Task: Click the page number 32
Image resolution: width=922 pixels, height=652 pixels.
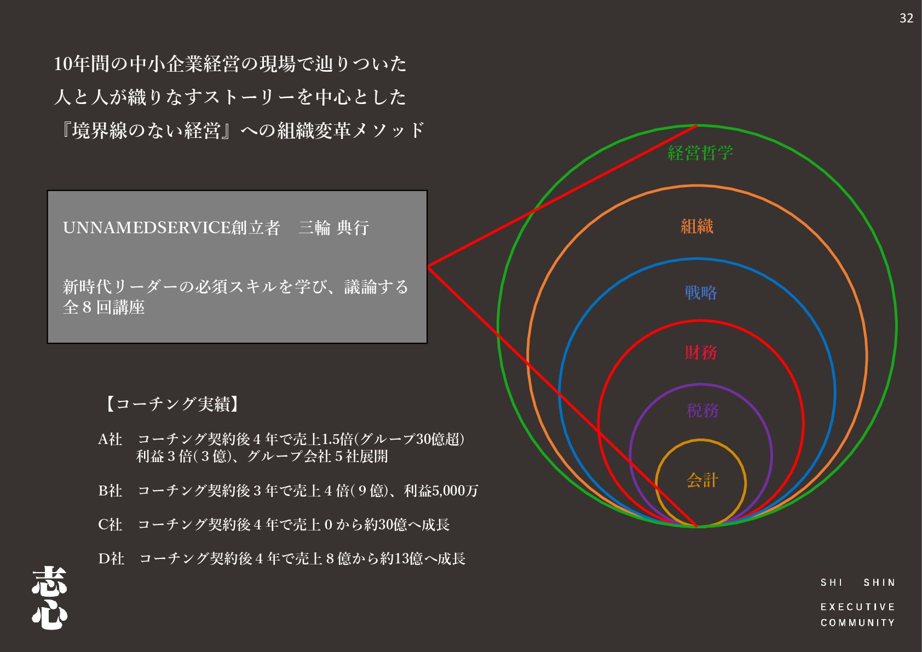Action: pyautogui.click(x=906, y=18)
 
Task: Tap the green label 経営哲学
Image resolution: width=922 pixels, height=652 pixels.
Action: pyautogui.click(x=700, y=153)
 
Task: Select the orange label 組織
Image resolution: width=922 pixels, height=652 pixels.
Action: pyautogui.click(x=697, y=226)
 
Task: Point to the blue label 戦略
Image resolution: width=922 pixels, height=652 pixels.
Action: pyautogui.click(x=700, y=293)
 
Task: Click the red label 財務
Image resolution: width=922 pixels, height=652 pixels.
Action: pyautogui.click(x=701, y=352)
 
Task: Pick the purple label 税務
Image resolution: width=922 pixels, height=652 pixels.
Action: pyautogui.click(x=702, y=411)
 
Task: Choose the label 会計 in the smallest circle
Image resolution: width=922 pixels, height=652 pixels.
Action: pyautogui.click(x=702, y=480)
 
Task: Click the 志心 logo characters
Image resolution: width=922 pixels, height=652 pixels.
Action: pyautogui.click(x=49, y=598)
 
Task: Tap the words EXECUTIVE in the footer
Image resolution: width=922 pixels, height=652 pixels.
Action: pyautogui.click(x=857, y=607)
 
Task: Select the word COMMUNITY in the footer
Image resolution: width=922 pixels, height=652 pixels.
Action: pyautogui.click(x=857, y=622)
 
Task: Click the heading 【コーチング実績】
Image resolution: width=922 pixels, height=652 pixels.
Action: pyautogui.click(x=171, y=404)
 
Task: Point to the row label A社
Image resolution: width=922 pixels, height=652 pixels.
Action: pyautogui.click(x=110, y=439)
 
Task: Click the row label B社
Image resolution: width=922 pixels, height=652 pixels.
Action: pyautogui.click(x=110, y=491)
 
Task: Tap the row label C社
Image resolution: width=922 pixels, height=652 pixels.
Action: pyautogui.click(x=110, y=524)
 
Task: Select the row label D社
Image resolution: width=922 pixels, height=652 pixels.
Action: pyautogui.click(x=111, y=558)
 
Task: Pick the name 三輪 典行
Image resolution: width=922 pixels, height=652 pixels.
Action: pyautogui.click(x=333, y=228)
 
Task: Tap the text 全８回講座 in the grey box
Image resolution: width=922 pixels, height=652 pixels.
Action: pyautogui.click(x=103, y=308)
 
